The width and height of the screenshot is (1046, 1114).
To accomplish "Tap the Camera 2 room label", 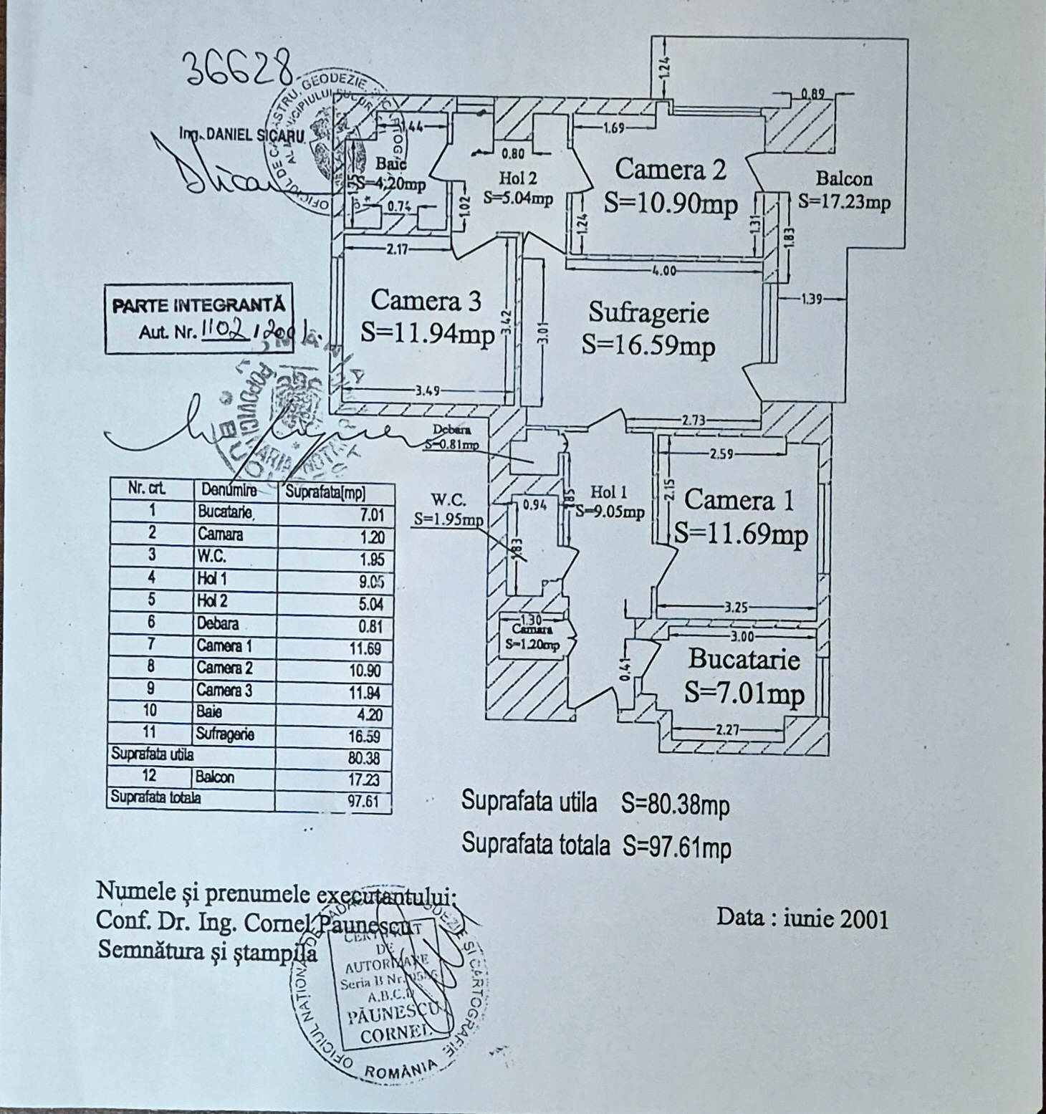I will [670, 169].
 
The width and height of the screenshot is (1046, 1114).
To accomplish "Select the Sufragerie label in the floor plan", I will [648, 312].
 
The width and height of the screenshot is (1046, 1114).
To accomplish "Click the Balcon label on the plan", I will [844, 179].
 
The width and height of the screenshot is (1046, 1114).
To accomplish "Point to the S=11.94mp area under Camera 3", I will [427, 335].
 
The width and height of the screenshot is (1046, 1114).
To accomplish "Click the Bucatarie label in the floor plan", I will [744, 659].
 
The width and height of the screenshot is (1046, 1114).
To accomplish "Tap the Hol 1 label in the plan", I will [609, 491].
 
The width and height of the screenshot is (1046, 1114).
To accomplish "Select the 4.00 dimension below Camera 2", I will [664, 271].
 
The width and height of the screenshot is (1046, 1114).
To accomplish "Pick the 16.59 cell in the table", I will [370, 736].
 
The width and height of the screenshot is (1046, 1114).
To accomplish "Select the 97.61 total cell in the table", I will [365, 802].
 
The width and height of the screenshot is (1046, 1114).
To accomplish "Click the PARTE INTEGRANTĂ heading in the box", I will [198, 305].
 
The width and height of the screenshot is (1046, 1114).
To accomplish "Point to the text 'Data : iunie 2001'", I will [802, 918].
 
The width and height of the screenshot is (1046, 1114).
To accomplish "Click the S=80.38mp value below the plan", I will [675, 805].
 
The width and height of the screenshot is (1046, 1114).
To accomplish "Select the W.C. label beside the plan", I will [448, 499].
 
